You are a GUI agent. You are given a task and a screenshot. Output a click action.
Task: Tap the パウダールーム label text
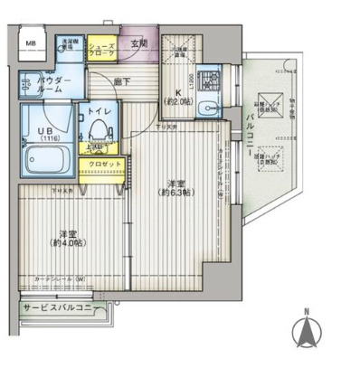(x=37, y=87)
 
